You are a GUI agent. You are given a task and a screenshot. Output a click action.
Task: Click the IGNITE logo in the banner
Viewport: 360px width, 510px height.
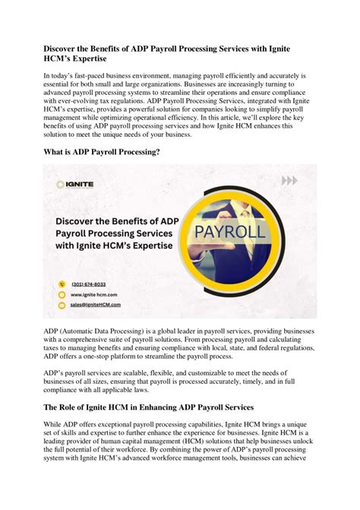[72, 185]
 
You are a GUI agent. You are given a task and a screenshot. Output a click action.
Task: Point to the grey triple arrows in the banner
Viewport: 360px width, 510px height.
[289, 181]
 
